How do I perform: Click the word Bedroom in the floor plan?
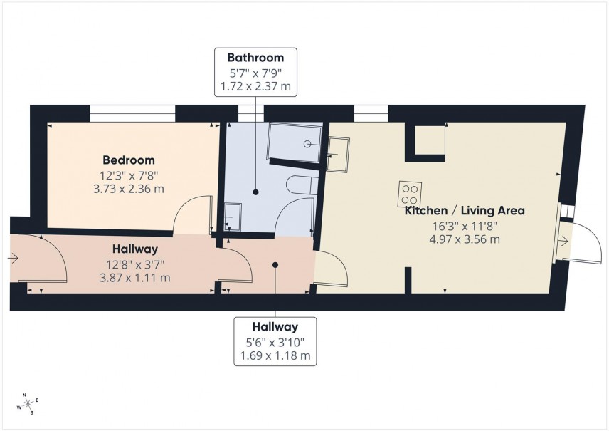point(128,160)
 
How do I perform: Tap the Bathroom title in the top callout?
point(255,58)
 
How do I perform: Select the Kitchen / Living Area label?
point(465,211)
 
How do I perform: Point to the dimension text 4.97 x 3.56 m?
point(465,239)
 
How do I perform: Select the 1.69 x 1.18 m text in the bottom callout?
point(275,355)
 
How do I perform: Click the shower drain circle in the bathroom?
point(307,144)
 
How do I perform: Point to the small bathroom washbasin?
point(232,214)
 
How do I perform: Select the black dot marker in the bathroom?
point(255,191)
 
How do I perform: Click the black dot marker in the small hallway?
point(275,264)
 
